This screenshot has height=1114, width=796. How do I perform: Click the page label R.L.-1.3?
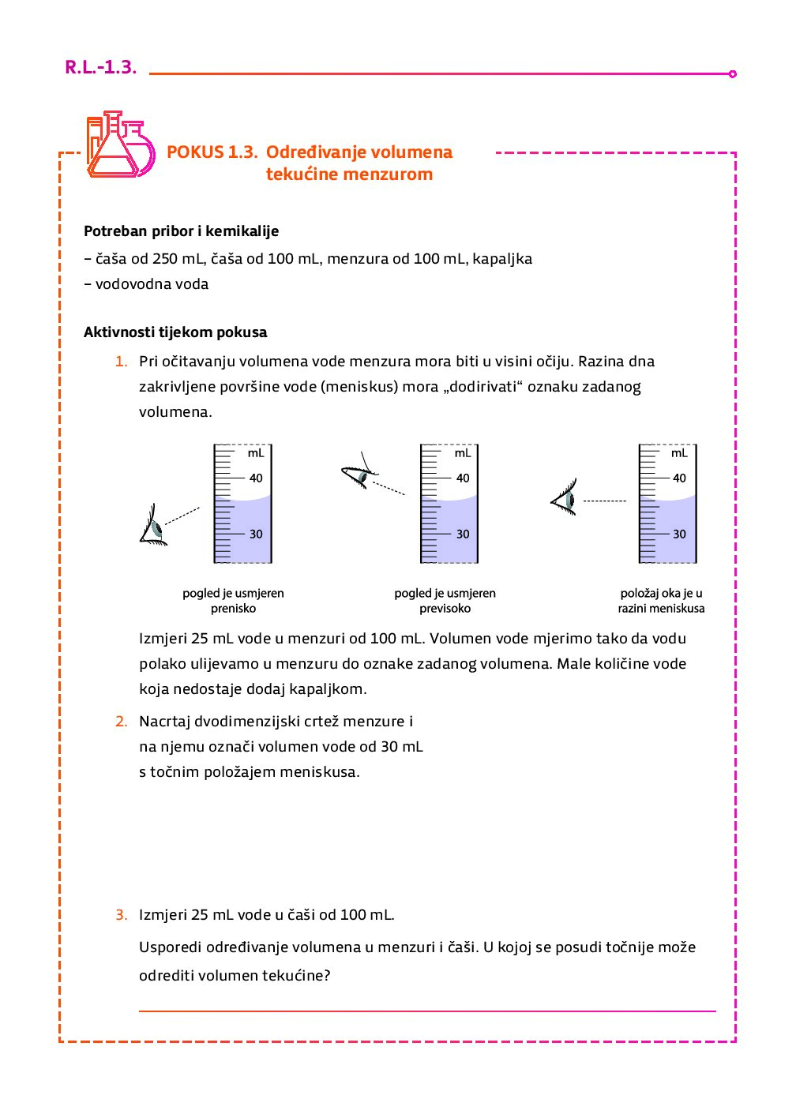100,67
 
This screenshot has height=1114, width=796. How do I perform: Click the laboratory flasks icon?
120,144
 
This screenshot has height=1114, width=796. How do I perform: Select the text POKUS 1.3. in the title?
212,152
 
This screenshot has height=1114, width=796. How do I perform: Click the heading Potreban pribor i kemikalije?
181,231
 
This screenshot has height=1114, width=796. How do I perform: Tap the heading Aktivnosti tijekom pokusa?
175,332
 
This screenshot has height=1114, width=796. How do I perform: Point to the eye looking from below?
153,526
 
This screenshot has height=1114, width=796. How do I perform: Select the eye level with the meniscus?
565,500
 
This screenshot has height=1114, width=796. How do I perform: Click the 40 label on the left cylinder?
256,478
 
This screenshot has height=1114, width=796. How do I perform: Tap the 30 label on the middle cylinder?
463,534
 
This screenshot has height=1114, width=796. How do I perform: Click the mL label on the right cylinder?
679,453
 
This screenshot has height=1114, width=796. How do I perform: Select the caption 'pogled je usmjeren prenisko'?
233,601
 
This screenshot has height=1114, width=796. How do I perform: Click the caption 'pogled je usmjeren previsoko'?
445,601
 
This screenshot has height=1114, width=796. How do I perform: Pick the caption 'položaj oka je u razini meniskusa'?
661,601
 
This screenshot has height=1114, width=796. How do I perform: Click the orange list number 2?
121,722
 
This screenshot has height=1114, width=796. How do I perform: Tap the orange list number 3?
121,915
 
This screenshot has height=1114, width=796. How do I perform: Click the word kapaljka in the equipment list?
502,259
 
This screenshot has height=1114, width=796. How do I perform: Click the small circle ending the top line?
733,74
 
